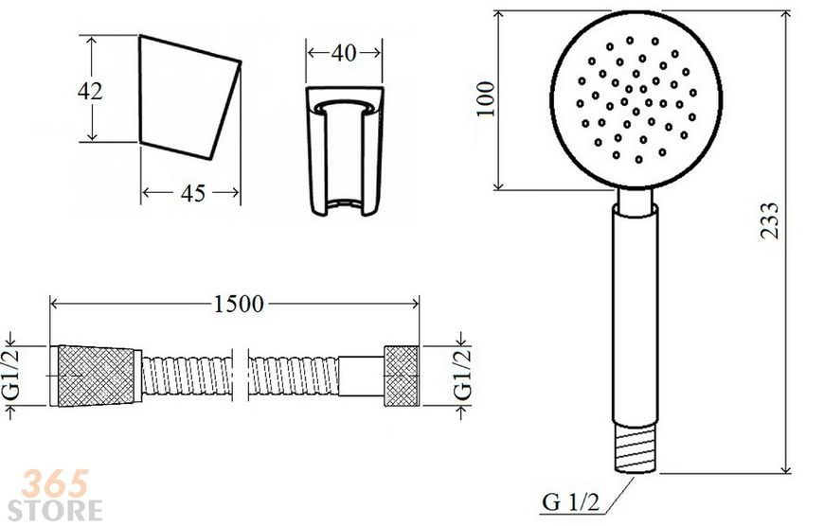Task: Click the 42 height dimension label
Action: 90,92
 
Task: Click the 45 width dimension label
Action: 193,194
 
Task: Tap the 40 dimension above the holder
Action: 344,53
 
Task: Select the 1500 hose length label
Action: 239,304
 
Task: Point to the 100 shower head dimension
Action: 486,98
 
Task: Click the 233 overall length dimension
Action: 770,220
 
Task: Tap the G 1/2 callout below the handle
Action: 570,502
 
